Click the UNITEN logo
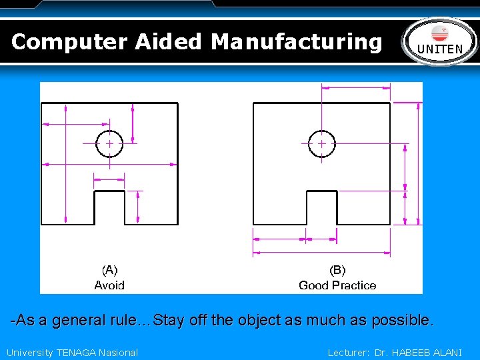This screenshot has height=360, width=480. click(439, 41)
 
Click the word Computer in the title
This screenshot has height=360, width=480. click(69, 42)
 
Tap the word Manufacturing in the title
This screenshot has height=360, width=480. click(297, 42)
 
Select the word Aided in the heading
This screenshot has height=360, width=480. click(168, 42)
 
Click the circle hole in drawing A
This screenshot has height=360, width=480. click(109, 143)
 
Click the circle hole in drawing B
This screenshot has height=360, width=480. click(321, 143)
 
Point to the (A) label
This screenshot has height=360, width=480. click(109, 270)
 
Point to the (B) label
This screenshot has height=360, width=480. click(337, 270)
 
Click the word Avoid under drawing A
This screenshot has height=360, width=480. click(109, 285)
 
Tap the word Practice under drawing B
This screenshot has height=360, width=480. click(353, 285)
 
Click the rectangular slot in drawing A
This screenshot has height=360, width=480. click(109, 208)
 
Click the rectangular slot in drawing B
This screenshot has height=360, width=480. click(321, 208)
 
